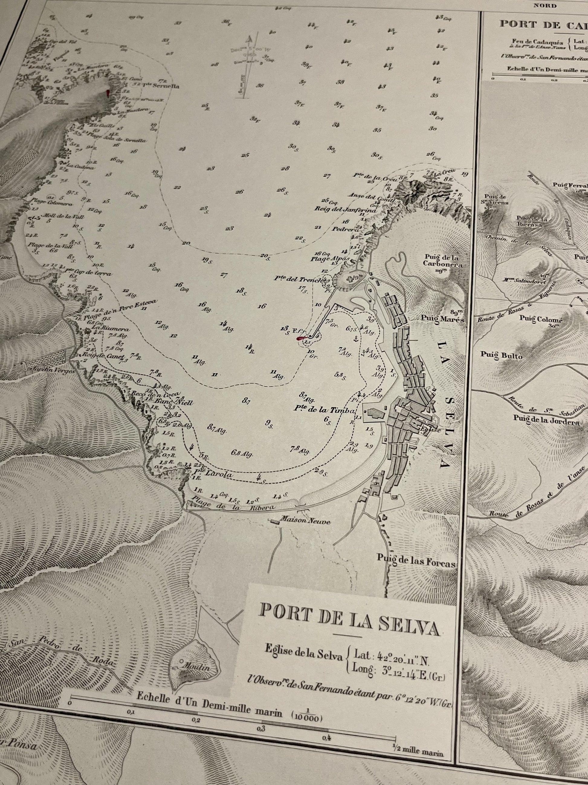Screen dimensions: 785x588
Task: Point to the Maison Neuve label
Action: click(305, 522)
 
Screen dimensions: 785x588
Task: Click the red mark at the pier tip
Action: click(301, 338)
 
